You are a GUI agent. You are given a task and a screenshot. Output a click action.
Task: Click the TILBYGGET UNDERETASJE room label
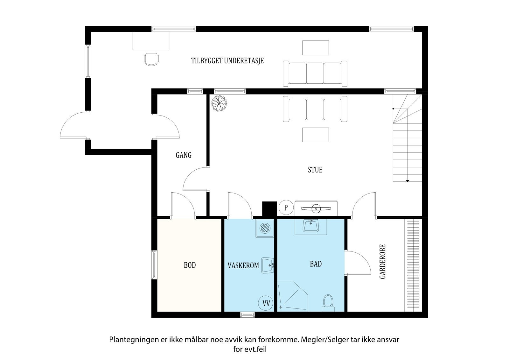pyautogui.click(x=227, y=61)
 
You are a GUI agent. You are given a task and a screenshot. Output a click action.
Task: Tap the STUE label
pyautogui.click(x=315, y=170)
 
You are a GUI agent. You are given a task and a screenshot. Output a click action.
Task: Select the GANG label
pyautogui.click(x=184, y=155)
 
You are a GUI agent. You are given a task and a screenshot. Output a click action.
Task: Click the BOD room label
pyautogui.click(x=190, y=265)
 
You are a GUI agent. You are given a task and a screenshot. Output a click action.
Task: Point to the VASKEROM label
pyautogui.click(x=243, y=265)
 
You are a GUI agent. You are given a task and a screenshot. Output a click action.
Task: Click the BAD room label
pyautogui.click(x=316, y=264)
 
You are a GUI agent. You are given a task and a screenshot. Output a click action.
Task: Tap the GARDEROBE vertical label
pyautogui.click(x=383, y=262)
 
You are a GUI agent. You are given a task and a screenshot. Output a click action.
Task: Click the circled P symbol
pyautogui.click(x=286, y=208)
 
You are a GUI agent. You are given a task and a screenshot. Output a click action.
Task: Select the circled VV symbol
pyautogui.click(x=266, y=303)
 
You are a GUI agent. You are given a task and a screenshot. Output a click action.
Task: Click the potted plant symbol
pyautogui.click(x=219, y=103)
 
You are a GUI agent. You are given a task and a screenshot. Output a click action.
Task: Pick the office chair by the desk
pyautogui.click(x=151, y=59)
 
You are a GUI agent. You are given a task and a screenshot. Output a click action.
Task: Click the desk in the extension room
pyautogui.click(x=151, y=41)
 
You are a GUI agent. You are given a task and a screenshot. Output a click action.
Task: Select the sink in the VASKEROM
pyautogui.click(x=268, y=265)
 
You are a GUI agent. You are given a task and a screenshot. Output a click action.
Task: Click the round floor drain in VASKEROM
pyautogui.click(x=265, y=228)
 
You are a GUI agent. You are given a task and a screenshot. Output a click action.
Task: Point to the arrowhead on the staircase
pyautogui.click(x=408, y=181)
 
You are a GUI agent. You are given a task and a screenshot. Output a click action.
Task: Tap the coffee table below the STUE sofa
pyautogui.click(x=315, y=135)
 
